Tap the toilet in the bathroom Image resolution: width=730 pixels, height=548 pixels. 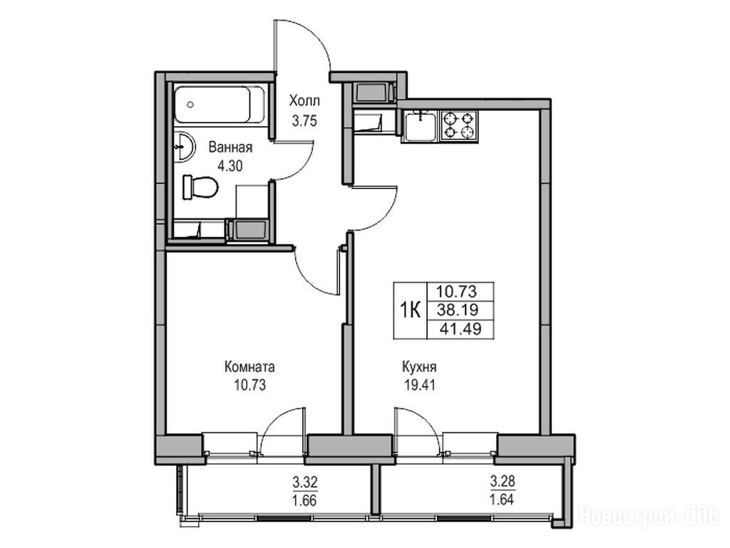click(x=200, y=188)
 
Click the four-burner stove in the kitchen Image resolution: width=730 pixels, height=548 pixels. click(x=458, y=126)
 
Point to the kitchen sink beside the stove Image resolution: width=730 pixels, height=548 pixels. click(x=421, y=126)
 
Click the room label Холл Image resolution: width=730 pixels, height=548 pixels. click(x=304, y=101)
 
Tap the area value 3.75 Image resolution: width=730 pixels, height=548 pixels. click(x=304, y=121)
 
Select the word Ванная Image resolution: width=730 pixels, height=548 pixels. click(x=230, y=148)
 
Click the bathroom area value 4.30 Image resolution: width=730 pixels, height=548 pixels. click(x=230, y=166)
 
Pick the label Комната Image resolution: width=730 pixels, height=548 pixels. click(x=250, y=367)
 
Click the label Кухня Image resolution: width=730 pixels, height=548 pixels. click(x=419, y=367)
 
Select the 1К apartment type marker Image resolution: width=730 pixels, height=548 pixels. click(x=410, y=310)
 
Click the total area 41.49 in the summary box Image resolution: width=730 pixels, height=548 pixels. click(x=461, y=330)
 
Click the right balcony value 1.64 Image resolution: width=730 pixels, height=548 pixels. click(x=502, y=500)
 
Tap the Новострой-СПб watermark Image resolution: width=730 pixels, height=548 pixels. click(x=649, y=515)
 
